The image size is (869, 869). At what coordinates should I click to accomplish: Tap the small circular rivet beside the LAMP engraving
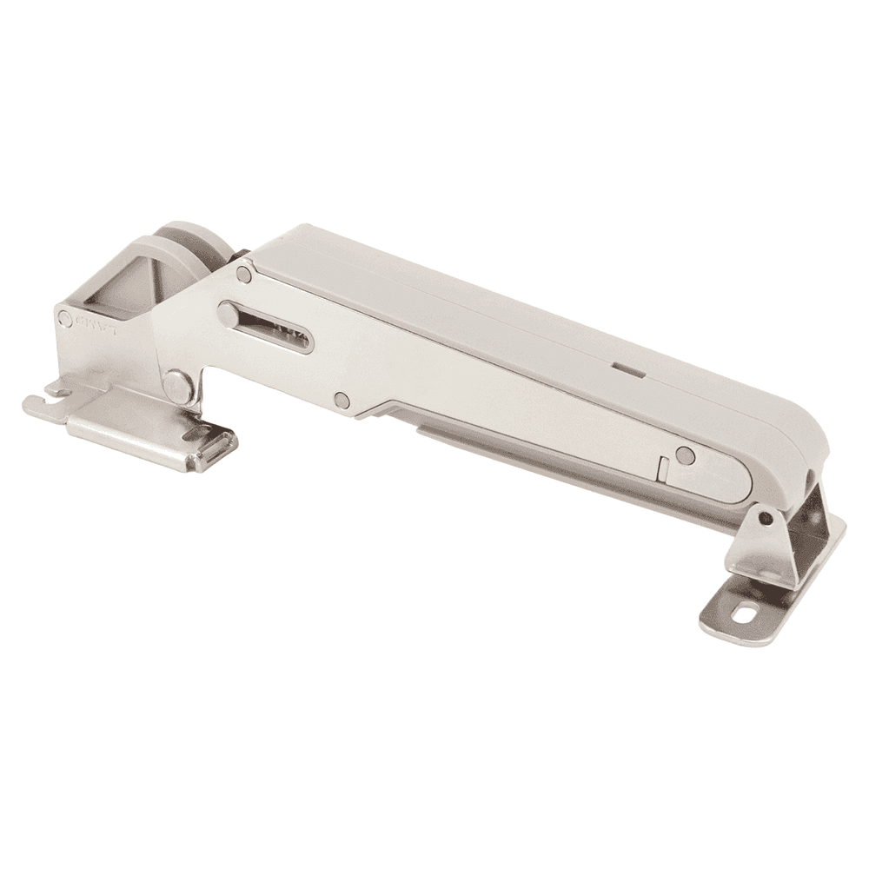pos(65,320)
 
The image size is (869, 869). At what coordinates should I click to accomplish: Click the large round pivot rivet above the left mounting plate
pos(178,383)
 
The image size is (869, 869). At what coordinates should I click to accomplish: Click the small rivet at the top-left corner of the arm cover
pos(245,275)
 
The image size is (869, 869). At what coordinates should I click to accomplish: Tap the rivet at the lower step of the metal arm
pos(342,401)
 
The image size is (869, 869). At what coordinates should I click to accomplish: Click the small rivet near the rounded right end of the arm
pos(686,454)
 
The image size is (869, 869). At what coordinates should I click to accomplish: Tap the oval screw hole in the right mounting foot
pos(746,613)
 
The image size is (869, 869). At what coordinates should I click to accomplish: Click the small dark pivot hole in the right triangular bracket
pos(765,519)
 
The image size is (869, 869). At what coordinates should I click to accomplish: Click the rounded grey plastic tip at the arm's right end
pos(804,452)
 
